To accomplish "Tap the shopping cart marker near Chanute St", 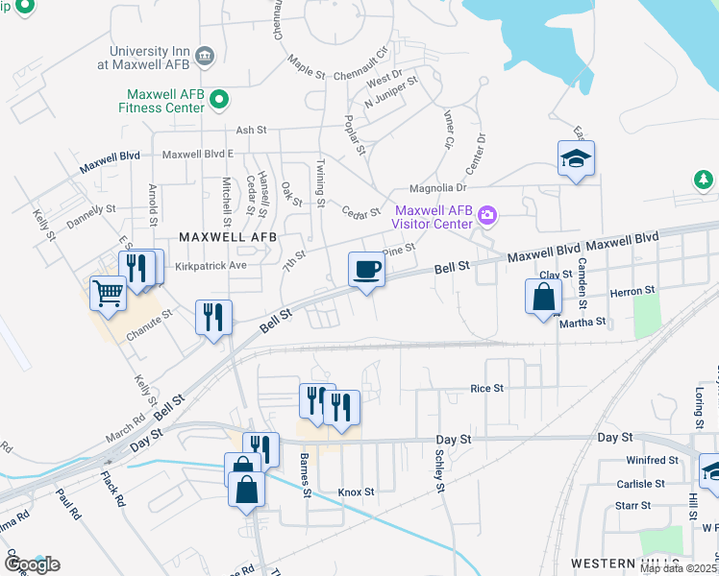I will point(108,293).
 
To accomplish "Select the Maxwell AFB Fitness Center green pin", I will point(219,98).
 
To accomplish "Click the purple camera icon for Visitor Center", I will point(487,214).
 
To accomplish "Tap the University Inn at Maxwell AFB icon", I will point(204,56).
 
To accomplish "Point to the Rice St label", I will point(486,388).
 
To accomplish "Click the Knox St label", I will point(356,492).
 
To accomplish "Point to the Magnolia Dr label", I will point(437,188).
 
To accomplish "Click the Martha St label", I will point(583,323).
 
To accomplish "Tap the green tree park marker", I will point(704,180).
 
